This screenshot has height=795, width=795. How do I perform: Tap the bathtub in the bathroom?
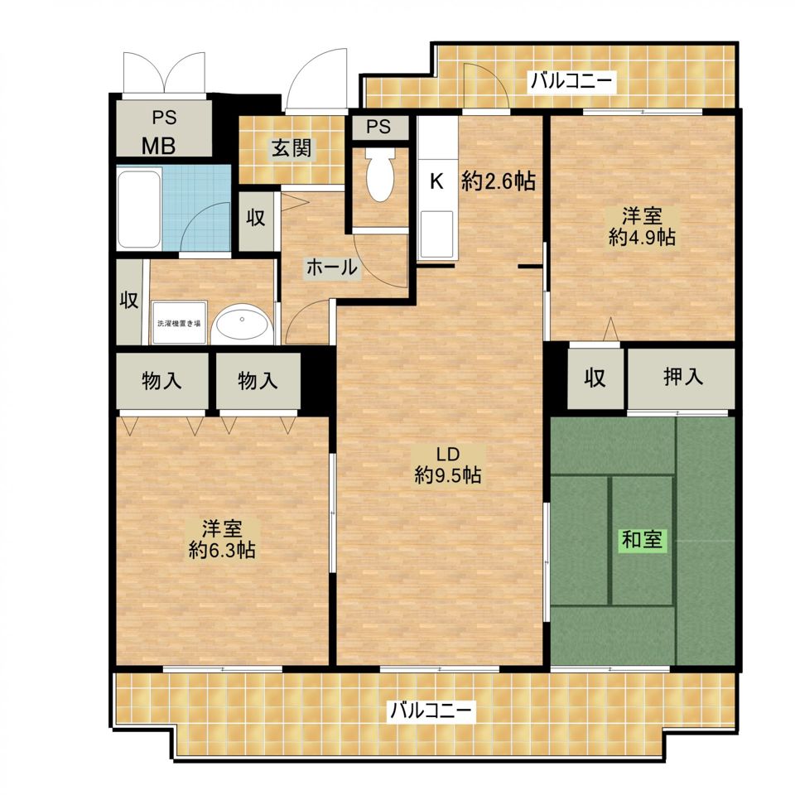(139, 209)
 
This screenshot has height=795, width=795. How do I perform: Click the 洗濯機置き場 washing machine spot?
(179, 323)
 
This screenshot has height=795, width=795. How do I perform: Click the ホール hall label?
(332, 267)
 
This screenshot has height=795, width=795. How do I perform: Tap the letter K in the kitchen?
(436, 181)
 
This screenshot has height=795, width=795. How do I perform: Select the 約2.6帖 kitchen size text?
(499, 181)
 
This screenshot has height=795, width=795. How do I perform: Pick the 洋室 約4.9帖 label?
(642, 227)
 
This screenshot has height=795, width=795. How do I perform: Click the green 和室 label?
(642, 539)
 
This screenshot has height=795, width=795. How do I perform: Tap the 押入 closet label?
(683, 377)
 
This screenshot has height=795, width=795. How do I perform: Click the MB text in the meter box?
(159, 146)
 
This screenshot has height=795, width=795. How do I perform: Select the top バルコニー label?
(571, 80)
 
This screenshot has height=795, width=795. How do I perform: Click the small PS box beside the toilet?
(380, 127)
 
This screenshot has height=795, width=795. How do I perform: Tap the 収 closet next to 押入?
(595, 378)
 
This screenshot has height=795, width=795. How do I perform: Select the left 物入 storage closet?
(161, 380)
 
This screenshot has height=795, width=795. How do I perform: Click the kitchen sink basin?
(436, 234)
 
